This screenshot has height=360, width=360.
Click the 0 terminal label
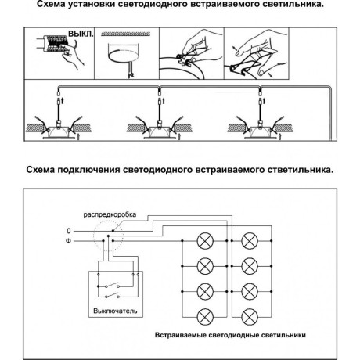tap(69, 232)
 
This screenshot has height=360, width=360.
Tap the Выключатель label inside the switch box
tap(114, 311)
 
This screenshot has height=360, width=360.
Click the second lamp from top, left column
tap(204, 266)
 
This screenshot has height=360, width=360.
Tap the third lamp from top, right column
tap(249, 291)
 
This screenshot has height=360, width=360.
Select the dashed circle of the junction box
tap(106, 236)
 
